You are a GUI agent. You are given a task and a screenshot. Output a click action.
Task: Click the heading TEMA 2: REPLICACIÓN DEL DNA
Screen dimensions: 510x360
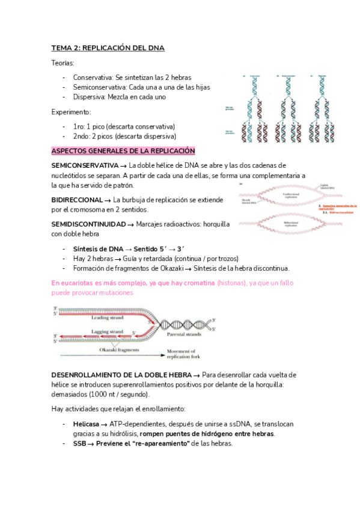pyautogui.click(x=108, y=48)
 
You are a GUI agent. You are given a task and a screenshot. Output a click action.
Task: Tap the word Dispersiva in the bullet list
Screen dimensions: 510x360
pyautogui.click(x=90, y=97)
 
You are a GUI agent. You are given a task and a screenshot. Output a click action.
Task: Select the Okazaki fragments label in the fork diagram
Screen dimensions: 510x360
pyautogui.click(x=120, y=349)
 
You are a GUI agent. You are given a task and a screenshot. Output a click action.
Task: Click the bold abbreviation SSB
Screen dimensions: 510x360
pyautogui.click(x=80, y=443)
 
